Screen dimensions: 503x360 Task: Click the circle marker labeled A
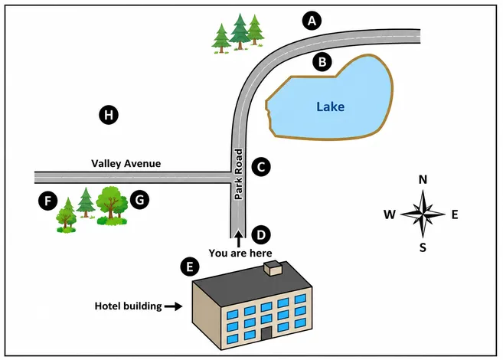(312, 21)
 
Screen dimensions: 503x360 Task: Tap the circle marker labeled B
(322, 61)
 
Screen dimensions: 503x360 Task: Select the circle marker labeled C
(261, 167)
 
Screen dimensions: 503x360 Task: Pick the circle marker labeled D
(261, 235)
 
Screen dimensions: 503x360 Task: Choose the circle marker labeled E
(190, 267)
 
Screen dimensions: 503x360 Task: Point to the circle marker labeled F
(47, 201)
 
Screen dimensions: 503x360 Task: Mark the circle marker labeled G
(139, 200)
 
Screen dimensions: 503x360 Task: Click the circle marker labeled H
(109, 115)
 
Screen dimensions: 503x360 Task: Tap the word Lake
(331, 106)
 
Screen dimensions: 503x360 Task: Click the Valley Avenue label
(126, 164)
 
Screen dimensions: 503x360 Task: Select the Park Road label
(239, 174)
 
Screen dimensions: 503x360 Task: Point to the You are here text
(240, 254)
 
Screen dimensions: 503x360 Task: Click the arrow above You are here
(238, 239)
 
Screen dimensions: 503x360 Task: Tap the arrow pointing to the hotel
(173, 306)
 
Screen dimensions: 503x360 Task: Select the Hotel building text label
(128, 306)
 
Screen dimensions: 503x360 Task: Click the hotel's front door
(266, 334)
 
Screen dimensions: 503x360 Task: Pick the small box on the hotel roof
(273, 269)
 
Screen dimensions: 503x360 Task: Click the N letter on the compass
(423, 180)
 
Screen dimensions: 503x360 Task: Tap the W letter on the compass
(390, 214)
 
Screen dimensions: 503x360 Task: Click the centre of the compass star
(423, 214)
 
